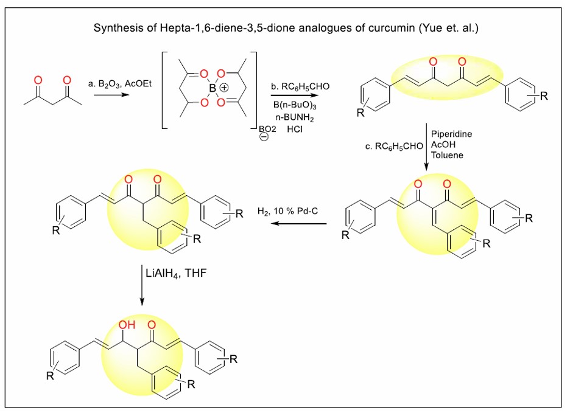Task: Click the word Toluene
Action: (446, 156)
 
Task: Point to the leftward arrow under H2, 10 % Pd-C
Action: (299, 224)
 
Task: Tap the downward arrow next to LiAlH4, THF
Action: (141, 286)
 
